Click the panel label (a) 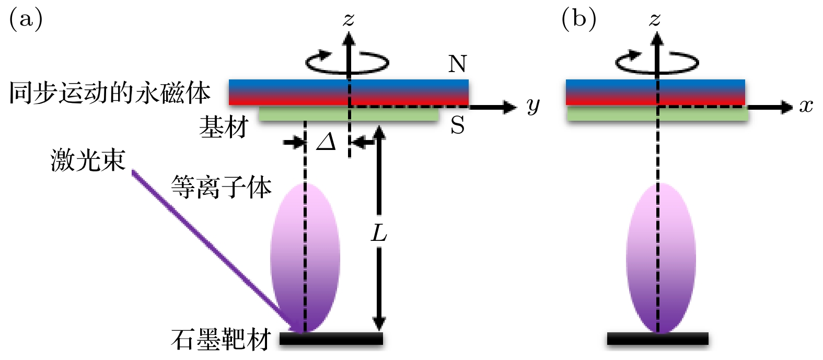26,19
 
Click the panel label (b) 578,19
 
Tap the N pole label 457,64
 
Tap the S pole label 457,125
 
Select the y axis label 532,106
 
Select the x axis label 806,106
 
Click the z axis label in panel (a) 349,20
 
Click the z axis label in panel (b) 655,20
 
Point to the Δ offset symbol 327,142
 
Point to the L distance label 379,233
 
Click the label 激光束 88,160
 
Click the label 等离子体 222,187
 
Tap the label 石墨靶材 221,340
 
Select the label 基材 223,127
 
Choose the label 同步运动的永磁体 110,93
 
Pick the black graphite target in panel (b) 657,339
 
